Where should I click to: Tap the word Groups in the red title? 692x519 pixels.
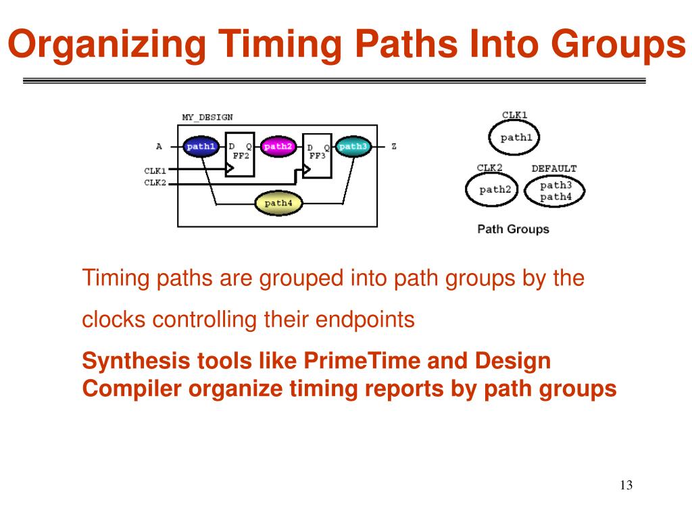tap(616, 45)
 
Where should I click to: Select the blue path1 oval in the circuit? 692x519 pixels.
tap(201, 147)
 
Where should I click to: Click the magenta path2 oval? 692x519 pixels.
tap(278, 147)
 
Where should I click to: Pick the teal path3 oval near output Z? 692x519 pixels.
tap(353, 147)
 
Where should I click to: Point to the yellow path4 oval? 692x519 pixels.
tap(278, 203)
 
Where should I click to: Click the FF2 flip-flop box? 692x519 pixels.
tap(240, 155)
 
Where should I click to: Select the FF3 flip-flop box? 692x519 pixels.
tap(318, 155)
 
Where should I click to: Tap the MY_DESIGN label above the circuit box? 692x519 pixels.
tap(207, 117)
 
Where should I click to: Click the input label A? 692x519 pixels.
tap(159, 147)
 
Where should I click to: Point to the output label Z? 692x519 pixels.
tap(394, 147)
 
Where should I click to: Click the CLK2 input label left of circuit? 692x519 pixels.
tap(155, 182)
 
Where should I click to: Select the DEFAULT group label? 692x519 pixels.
tap(553, 168)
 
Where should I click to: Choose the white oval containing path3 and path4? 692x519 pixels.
tap(555, 191)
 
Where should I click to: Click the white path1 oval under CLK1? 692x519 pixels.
tap(516, 138)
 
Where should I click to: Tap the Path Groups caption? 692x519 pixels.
tap(513, 229)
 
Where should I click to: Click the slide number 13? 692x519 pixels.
tap(625, 485)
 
